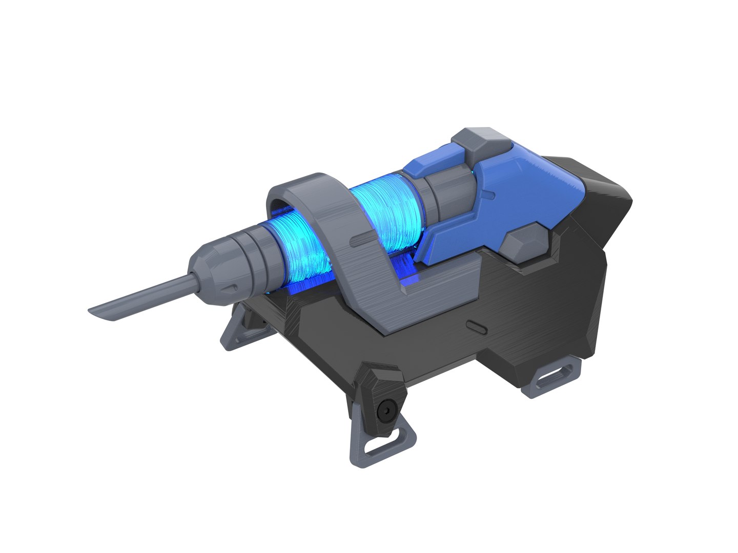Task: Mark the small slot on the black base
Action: pyautogui.click(x=476, y=326)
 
